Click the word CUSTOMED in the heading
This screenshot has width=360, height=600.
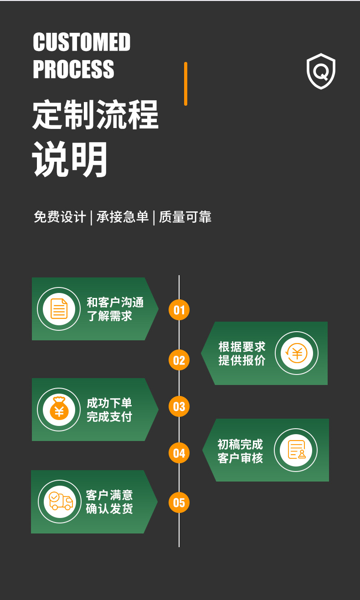[82, 42]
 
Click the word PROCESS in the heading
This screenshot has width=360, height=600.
[73, 69]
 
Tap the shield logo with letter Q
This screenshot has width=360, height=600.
[321, 71]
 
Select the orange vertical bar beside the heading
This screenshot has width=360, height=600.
[185, 84]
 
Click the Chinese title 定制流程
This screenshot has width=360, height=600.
[95, 114]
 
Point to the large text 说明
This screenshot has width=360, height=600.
[70, 159]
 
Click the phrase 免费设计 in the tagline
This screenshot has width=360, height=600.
[60, 217]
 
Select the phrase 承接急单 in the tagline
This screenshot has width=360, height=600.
[123, 217]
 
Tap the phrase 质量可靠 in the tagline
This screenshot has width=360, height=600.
[185, 217]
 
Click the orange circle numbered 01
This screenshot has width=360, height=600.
[179, 310]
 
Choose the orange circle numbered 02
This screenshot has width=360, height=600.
[179, 360]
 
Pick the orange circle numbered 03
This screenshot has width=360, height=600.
[179, 406]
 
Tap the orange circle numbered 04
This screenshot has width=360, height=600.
[179, 453]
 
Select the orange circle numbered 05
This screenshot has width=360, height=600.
[179, 503]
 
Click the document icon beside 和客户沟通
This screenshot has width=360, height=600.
[58, 308]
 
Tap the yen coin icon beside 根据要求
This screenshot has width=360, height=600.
[297, 353]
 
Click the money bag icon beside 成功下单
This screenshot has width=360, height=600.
[59, 409]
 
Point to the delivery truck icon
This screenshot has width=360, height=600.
[60, 501]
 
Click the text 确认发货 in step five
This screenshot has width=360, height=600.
[109, 508]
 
